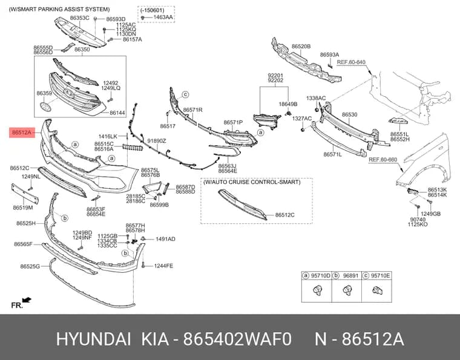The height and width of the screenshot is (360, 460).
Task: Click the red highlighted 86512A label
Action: click(x=22, y=133)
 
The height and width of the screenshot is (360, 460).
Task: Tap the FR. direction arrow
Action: click(x=27, y=300)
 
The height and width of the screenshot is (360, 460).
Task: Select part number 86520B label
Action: click(x=301, y=47)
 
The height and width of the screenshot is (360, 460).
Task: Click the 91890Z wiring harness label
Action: click(x=157, y=141)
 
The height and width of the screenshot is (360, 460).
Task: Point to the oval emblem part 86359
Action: click(x=45, y=106)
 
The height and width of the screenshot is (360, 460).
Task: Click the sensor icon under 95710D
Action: click(x=317, y=290)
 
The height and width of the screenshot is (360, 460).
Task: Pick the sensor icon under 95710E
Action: click(x=377, y=290)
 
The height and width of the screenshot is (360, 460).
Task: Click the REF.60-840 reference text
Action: click(x=351, y=62)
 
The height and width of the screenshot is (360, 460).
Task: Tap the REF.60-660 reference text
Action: click(x=383, y=160)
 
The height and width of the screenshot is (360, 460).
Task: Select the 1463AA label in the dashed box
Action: click(x=163, y=18)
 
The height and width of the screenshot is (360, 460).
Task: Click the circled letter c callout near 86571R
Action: click(x=185, y=94)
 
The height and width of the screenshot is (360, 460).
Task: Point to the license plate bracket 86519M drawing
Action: click(x=25, y=194)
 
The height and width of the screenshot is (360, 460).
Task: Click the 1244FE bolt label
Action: click(x=163, y=266)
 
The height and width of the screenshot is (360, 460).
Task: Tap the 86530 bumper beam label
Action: click(x=349, y=114)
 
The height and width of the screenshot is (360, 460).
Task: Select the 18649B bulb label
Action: click(x=287, y=104)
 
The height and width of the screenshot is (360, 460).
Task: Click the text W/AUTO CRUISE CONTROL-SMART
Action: click(x=252, y=182)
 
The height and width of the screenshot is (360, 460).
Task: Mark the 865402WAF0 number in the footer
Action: click(x=237, y=339)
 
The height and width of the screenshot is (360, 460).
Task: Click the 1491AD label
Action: click(x=165, y=239)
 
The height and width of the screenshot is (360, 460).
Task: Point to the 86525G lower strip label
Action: click(x=30, y=266)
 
